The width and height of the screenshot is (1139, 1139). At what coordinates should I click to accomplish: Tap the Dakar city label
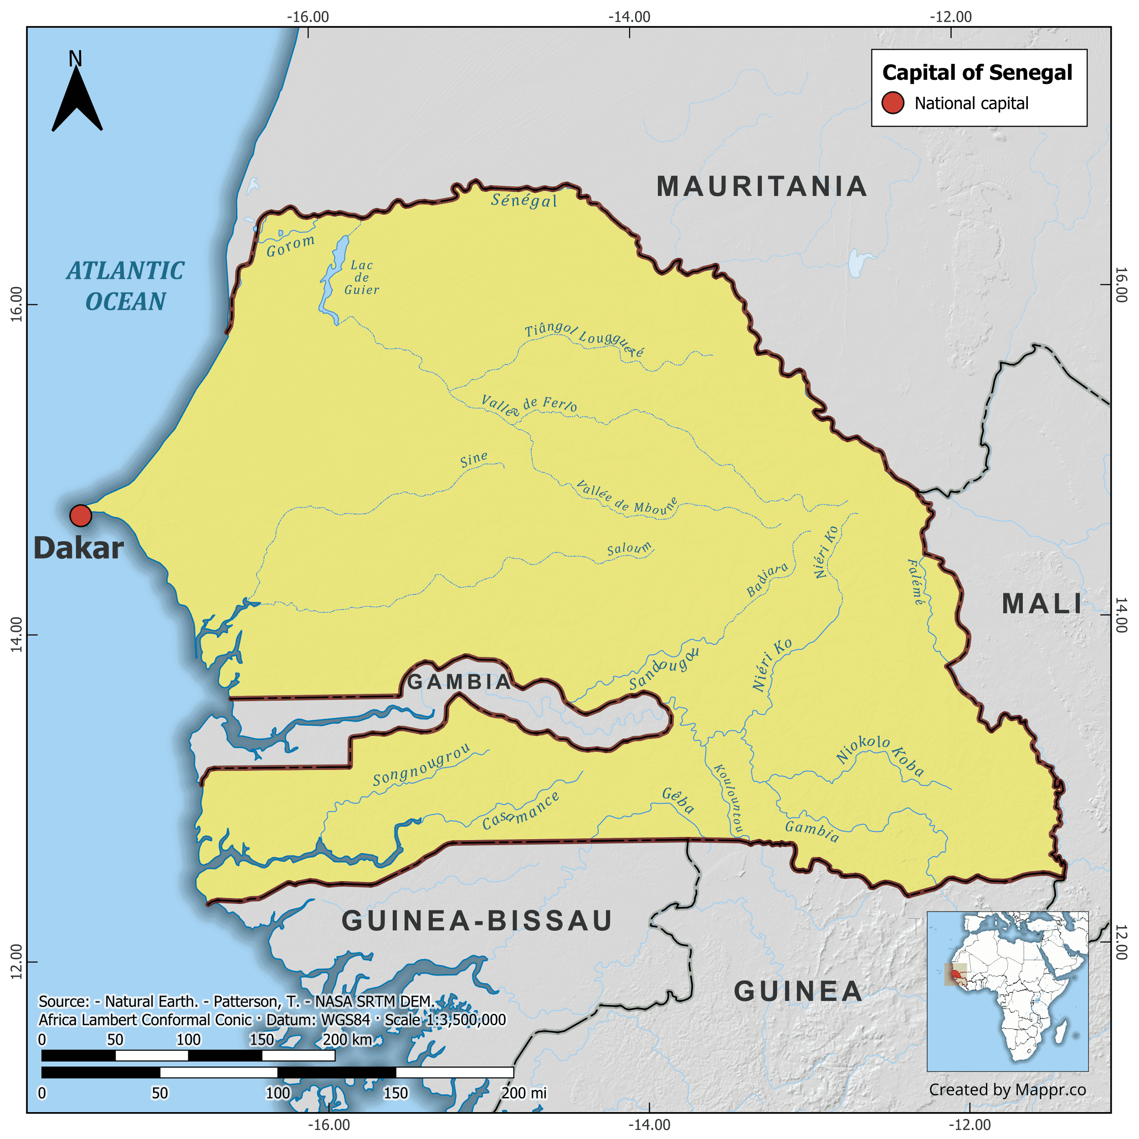(78, 548)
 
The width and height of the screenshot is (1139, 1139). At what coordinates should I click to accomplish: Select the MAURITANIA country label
(762, 187)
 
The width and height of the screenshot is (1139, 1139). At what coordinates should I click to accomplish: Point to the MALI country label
(1042, 604)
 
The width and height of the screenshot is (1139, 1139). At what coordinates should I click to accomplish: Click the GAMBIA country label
(460, 682)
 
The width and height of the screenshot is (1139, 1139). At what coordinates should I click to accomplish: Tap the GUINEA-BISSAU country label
(477, 921)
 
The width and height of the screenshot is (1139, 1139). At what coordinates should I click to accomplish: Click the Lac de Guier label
(361, 277)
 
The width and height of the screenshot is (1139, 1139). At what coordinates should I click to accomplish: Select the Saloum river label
(630, 549)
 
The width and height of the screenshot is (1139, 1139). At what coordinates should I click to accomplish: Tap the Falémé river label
(916, 582)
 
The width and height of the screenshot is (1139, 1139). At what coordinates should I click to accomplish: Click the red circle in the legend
(893, 103)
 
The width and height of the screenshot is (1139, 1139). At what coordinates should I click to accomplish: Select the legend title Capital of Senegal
(977, 72)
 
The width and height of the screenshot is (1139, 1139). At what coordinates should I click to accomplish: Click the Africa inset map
(1007, 991)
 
